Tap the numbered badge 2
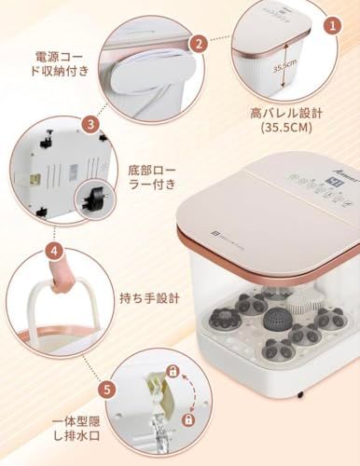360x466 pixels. pyautogui.click(x=198, y=43)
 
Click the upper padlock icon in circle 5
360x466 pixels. pyautogui.click(x=172, y=372)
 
